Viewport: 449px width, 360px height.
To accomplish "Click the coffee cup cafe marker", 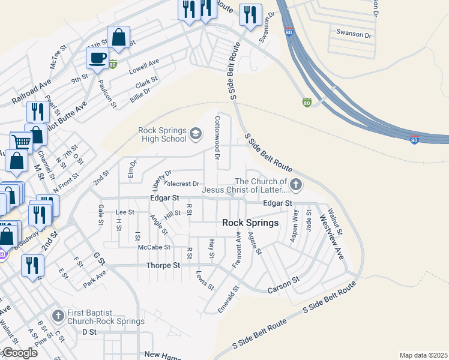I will click(97, 58).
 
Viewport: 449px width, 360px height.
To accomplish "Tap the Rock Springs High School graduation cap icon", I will click(196, 133).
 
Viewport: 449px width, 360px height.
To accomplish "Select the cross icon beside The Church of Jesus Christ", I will click(295, 184).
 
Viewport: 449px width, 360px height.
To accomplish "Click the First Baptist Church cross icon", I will click(58, 316).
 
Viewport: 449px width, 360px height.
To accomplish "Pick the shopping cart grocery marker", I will click(22, 142).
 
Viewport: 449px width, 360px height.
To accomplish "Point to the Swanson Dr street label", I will click(354, 34).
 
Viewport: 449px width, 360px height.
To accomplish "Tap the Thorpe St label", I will click(163, 265).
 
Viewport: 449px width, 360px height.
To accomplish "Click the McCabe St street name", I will click(154, 247).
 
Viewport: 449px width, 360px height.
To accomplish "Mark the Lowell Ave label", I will click(144, 66).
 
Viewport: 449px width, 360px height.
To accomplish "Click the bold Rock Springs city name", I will click(250, 223).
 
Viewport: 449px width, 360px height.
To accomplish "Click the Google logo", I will click(20, 353).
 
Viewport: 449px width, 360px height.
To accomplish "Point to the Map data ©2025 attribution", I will click(423, 355).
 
